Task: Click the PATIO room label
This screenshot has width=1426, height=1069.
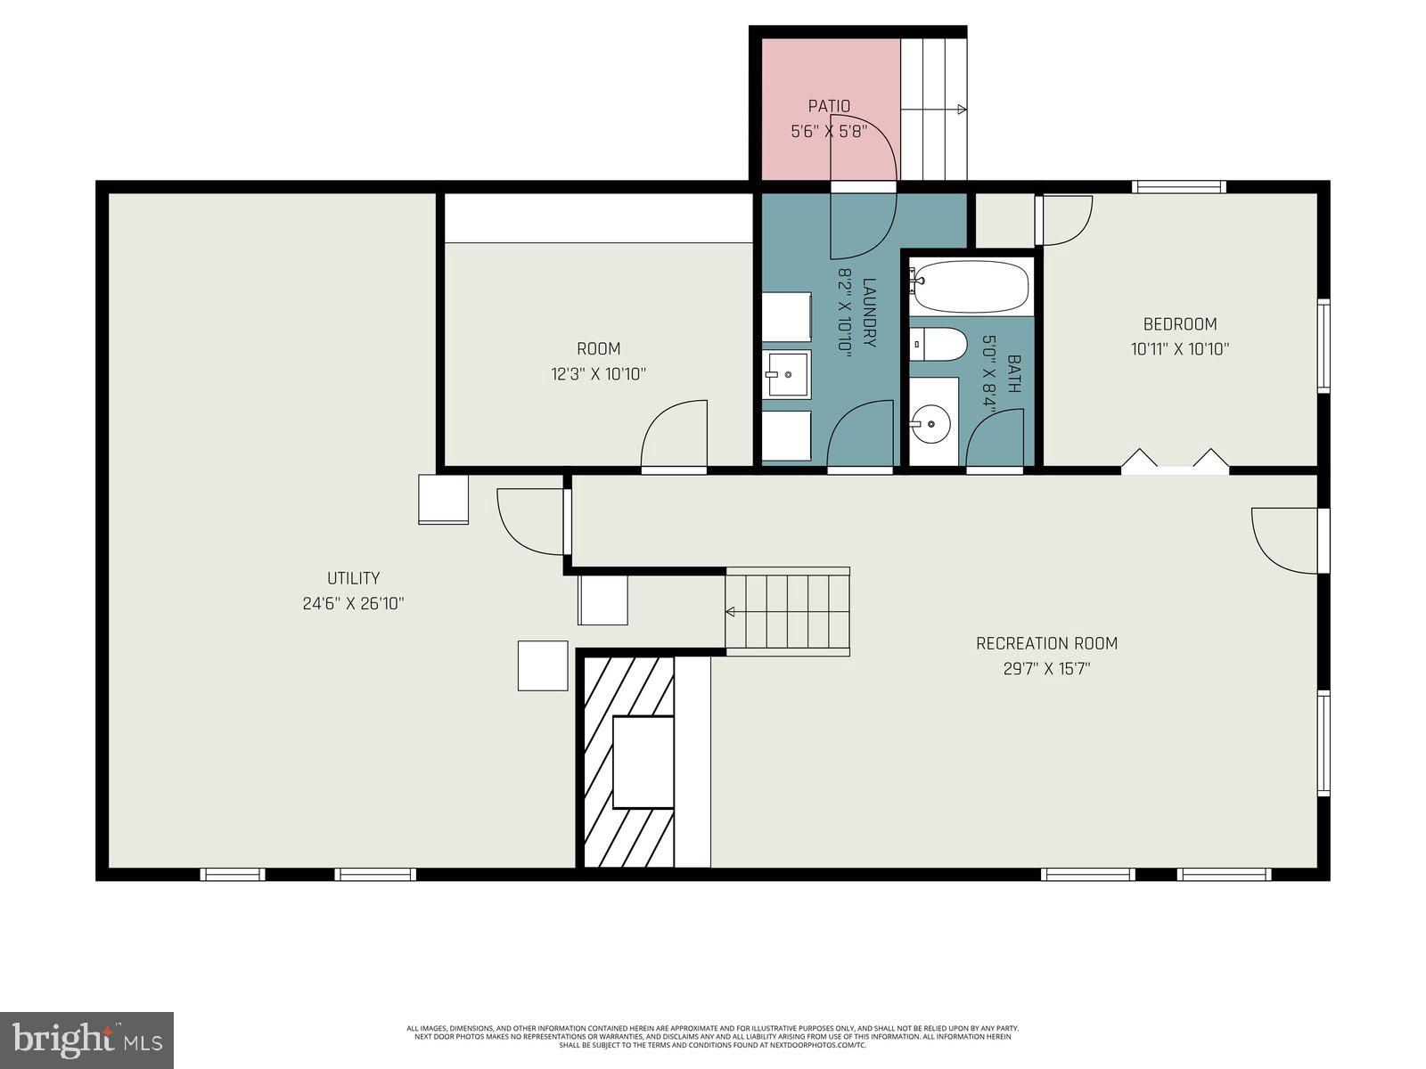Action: click(x=829, y=106)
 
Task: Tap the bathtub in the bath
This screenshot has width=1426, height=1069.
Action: click(x=970, y=287)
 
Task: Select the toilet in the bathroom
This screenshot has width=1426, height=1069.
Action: click(x=939, y=344)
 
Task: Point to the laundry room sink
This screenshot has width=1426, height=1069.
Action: click(x=786, y=375)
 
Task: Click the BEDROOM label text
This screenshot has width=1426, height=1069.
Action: click(x=1180, y=324)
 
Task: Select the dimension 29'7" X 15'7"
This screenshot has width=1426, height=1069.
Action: click(x=1046, y=668)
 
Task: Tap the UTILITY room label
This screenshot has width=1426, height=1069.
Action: click(x=353, y=578)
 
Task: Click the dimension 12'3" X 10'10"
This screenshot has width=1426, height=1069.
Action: click(x=598, y=374)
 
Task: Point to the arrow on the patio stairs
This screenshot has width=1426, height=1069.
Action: click(x=961, y=110)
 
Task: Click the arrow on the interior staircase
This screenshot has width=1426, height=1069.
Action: click(x=730, y=612)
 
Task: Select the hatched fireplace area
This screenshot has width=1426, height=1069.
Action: click(x=628, y=763)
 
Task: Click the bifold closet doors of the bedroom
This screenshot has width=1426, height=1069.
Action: click(x=1175, y=461)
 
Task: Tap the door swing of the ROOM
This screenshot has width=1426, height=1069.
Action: click(x=675, y=434)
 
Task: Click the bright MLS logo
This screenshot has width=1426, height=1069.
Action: click(x=86, y=1040)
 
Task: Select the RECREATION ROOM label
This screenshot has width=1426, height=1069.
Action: click(x=1046, y=643)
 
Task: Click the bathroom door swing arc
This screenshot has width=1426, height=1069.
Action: click(x=993, y=437)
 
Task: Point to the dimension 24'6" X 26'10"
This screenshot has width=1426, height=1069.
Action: click(x=353, y=603)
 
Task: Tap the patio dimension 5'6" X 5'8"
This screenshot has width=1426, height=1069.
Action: click(x=829, y=132)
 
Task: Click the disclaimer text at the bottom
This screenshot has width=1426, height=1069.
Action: click(x=713, y=1036)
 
